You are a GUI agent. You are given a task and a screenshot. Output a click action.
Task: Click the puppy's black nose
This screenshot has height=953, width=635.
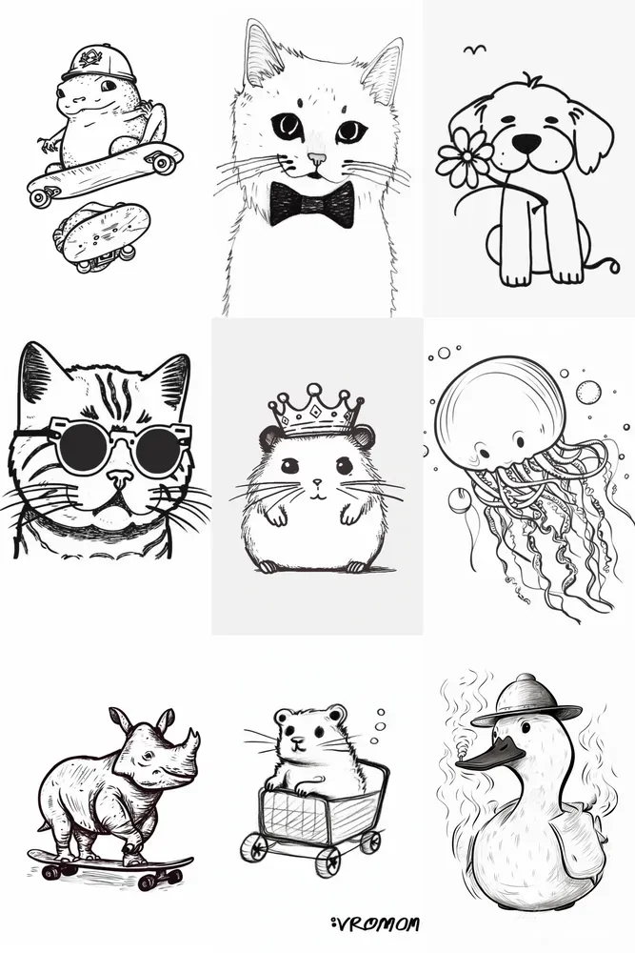[526, 143]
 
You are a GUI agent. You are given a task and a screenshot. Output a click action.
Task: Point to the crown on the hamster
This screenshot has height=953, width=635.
[316, 412]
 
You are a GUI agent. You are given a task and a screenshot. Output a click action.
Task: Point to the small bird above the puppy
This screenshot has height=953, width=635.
[472, 49]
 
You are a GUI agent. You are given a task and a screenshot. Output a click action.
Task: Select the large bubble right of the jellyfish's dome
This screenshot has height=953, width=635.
[588, 392]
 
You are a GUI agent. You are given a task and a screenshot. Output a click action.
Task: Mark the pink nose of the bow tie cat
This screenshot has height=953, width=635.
[316, 159]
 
